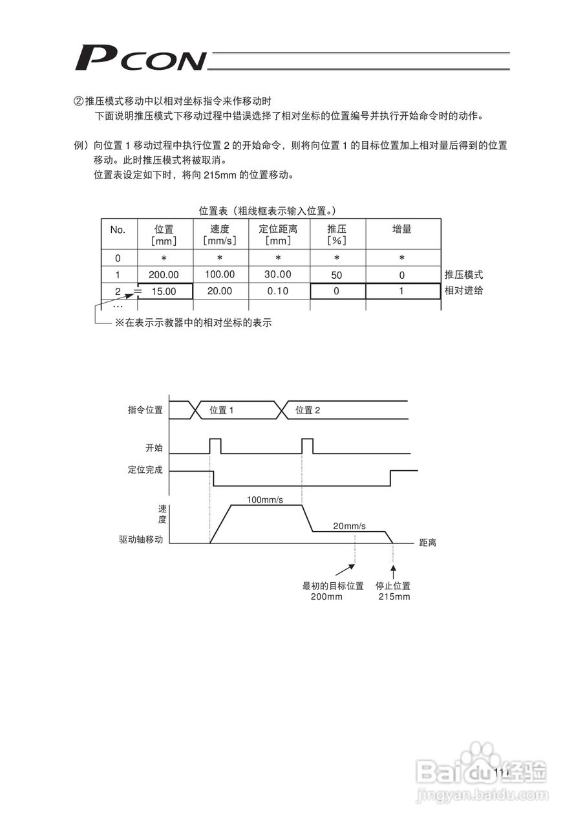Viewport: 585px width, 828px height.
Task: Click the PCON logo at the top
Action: click(x=140, y=58)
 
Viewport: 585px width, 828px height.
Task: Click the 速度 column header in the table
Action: click(x=220, y=234)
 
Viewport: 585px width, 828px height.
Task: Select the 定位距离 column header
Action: click(x=279, y=234)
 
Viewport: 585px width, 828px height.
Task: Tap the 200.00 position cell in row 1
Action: click(x=164, y=275)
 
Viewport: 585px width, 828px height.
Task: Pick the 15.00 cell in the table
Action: click(x=164, y=292)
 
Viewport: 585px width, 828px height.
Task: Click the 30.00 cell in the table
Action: click(x=278, y=274)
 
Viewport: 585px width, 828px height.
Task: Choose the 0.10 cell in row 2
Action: click(x=278, y=291)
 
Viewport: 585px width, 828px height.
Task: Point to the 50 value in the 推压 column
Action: click(x=337, y=275)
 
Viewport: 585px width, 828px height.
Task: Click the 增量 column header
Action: click(x=402, y=229)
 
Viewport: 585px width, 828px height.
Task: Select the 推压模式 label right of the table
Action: click(x=463, y=275)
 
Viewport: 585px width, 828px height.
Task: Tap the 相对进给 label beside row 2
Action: click(x=463, y=290)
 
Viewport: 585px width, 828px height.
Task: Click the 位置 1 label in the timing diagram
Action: click(x=222, y=410)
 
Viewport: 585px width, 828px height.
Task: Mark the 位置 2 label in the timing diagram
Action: click(x=308, y=410)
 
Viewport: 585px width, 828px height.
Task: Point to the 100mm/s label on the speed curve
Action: click(x=265, y=499)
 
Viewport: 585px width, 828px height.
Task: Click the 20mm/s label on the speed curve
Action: click(x=349, y=527)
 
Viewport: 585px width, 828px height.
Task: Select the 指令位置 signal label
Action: click(x=145, y=409)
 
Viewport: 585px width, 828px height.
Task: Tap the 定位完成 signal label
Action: click(x=145, y=470)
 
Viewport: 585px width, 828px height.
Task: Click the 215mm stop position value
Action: click(x=394, y=596)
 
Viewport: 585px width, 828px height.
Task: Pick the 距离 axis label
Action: click(x=428, y=543)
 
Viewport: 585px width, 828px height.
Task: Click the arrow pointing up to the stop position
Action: click(x=394, y=571)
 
